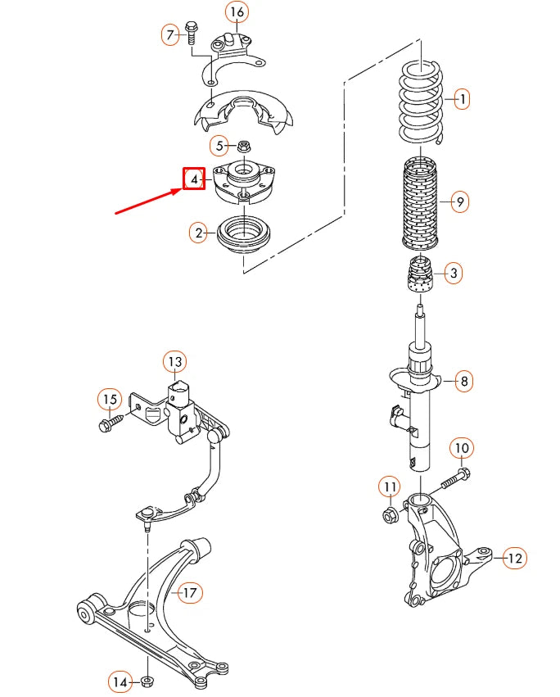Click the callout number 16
click(236, 12)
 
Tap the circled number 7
click(170, 34)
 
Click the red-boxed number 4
click(194, 179)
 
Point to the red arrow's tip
click(181, 190)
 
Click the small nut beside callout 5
click(243, 147)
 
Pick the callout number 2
click(198, 233)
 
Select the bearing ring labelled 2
click(243, 234)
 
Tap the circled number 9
click(459, 201)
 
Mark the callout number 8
click(463, 381)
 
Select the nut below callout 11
click(390, 515)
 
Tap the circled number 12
click(515, 559)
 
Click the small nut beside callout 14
click(147, 681)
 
